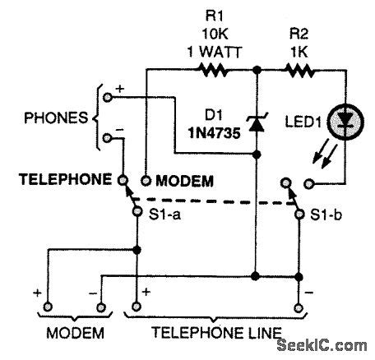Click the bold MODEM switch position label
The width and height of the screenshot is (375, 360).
pos(183,179)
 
